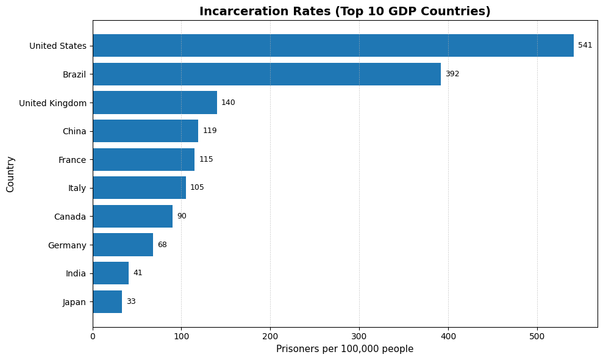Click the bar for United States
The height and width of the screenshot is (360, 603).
(333, 46)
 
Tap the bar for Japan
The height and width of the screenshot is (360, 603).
(107, 301)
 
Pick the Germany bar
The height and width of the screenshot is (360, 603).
(123, 245)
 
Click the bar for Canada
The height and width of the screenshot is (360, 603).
(132, 216)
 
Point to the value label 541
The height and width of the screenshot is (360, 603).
(585, 46)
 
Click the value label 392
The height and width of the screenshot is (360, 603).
(452, 74)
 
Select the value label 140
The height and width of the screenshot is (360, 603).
(228, 103)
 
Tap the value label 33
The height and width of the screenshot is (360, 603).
(131, 301)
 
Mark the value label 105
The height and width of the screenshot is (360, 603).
(197, 188)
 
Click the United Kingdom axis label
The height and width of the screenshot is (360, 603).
(52, 103)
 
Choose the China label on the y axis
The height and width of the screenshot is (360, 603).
(74, 131)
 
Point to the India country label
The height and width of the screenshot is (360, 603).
(76, 273)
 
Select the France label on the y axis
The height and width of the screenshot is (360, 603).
(72, 159)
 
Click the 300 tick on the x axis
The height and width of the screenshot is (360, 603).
(359, 336)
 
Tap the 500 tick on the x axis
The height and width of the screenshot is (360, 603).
(537, 336)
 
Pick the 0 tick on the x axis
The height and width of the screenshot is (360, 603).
(93, 336)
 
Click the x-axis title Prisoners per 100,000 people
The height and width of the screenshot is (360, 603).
(344, 349)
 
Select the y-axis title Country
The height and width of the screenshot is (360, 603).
(10, 174)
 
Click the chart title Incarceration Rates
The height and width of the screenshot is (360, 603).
(344, 12)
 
